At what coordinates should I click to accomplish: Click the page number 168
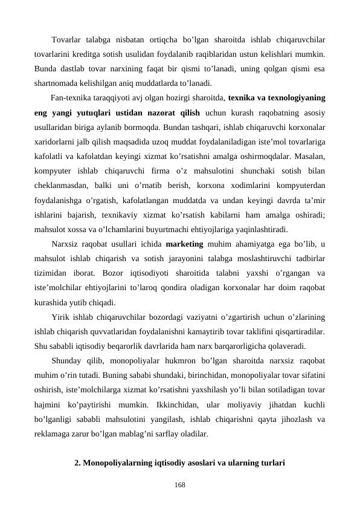click(x=180, y=484)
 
